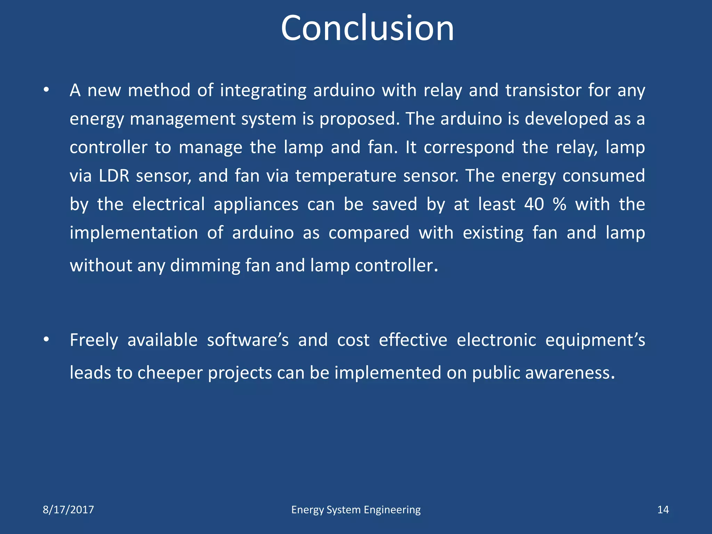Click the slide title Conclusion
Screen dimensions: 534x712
pyautogui.click(x=367, y=29)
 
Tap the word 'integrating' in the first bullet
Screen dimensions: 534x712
pyautogui.click(x=263, y=90)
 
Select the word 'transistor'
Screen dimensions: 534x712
pyautogui.click(x=543, y=90)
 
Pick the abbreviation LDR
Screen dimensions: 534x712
pyautogui.click(x=114, y=176)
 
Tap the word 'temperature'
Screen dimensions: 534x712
pyautogui.click(x=346, y=176)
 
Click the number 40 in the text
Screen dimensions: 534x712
pyautogui.click(x=534, y=204)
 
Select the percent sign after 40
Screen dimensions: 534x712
pyautogui.click(x=559, y=204)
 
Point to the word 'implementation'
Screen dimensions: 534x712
pyautogui.click(x=134, y=233)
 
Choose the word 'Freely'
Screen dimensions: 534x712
pyautogui.click(x=94, y=340)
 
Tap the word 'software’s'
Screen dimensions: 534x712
pyautogui.click(x=248, y=340)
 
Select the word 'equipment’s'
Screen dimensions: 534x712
pyautogui.click(x=595, y=340)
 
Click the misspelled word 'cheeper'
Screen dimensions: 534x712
pyautogui.click(x=170, y=373)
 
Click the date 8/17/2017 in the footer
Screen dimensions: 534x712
pyautogui.click(x=68, y=510)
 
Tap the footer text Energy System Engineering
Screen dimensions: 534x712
pyautogui.click(x=356, y=510)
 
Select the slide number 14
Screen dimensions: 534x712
pyautogui.click(x=663, y=510)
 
